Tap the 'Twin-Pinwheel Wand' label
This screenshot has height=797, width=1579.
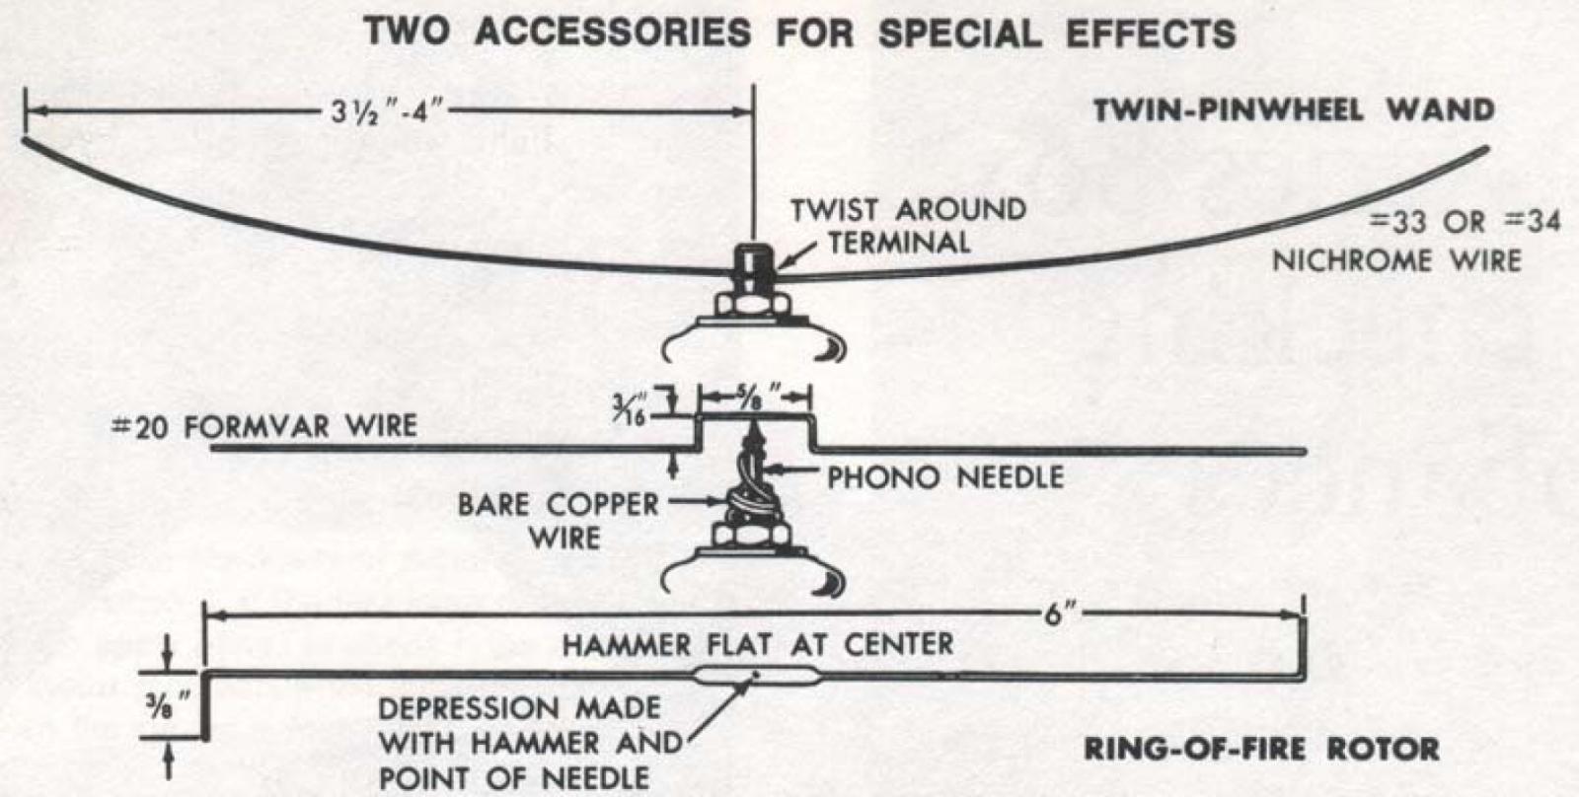[1293, 109]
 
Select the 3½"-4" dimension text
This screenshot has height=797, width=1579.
[387, 110]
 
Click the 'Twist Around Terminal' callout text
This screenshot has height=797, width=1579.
[908, 225]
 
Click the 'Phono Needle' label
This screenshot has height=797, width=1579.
[944, 477]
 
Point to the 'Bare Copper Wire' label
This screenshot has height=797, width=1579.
[559, 520]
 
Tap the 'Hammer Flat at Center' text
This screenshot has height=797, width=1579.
[757, 644]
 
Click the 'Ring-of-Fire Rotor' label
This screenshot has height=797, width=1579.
[1260, 748]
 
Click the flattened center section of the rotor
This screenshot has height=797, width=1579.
[755, 677]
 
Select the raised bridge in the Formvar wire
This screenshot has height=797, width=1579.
[755, 418]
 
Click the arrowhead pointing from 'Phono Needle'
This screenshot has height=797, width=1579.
[774, 471]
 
